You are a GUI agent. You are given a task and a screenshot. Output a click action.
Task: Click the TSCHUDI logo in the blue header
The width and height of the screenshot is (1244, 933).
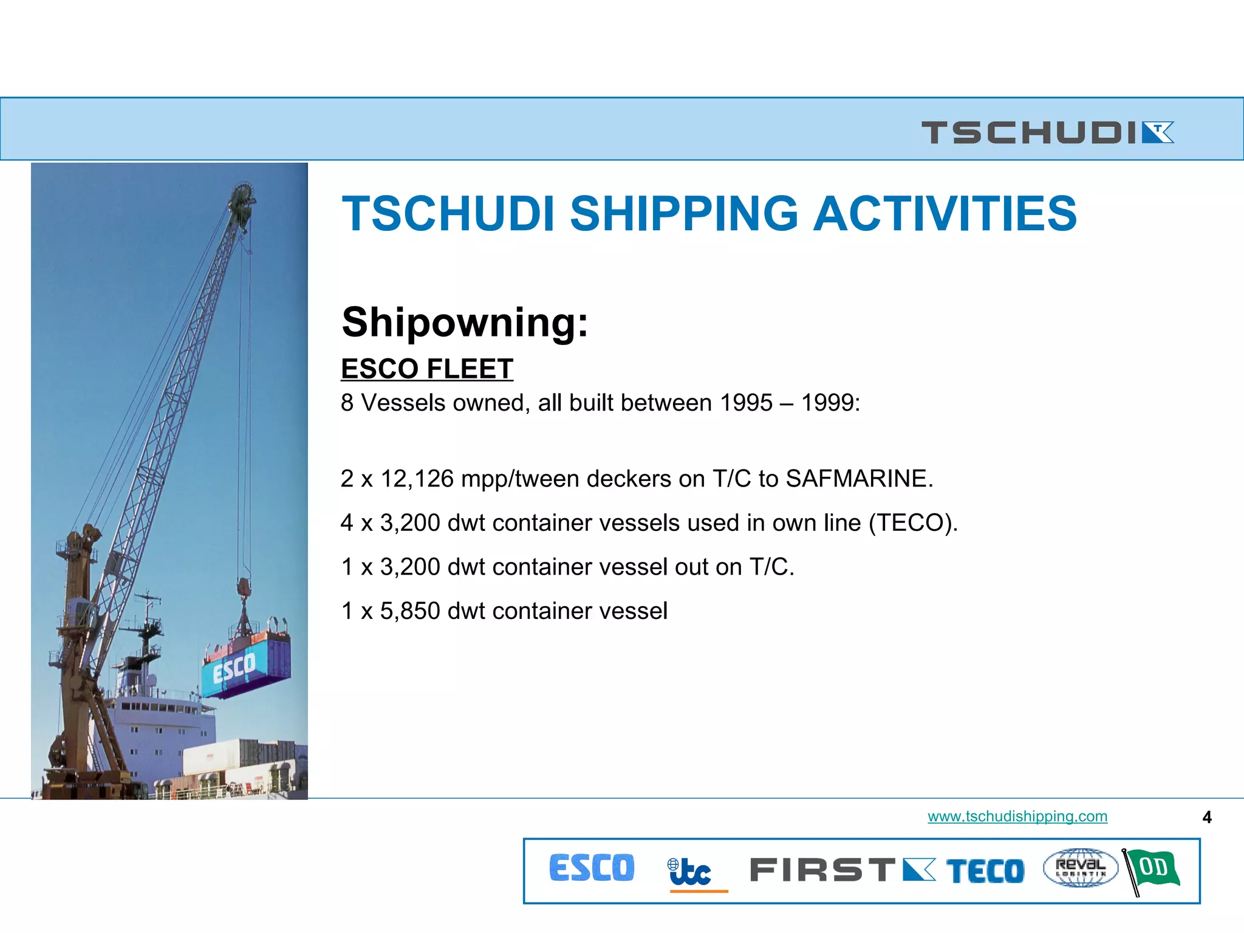[x=1047, y=132]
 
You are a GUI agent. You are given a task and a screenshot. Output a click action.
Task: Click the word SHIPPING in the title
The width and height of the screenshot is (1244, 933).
[x=684, y=214]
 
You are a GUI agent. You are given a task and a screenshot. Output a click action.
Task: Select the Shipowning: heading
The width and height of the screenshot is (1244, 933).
[x=465, y=322]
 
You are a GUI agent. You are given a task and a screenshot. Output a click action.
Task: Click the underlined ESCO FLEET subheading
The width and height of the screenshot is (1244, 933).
[x=427, y=369]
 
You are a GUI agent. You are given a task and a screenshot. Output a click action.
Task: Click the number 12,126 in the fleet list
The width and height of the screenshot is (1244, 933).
[x=417, y=479]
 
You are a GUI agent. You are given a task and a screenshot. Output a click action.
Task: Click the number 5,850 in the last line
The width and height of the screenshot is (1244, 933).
[x=410, y=611]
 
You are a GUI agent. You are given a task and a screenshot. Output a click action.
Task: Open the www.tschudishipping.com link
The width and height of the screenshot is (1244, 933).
[x=1017, y=816]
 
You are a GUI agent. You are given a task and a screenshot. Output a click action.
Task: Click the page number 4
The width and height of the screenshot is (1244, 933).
[x=1207, y=818]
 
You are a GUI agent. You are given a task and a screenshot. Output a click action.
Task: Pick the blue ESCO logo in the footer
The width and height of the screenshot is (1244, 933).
[x=592, y=868]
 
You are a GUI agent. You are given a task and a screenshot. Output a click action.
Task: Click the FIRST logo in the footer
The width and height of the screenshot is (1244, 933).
[x=842, y=870]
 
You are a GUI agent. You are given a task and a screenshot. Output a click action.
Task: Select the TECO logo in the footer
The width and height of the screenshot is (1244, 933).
[x=985, y=871]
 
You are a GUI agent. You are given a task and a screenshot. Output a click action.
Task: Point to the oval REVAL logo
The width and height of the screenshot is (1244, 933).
[x=1080, y=868]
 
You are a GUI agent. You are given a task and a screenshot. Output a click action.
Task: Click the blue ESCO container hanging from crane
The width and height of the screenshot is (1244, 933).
[x=246, y=665]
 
